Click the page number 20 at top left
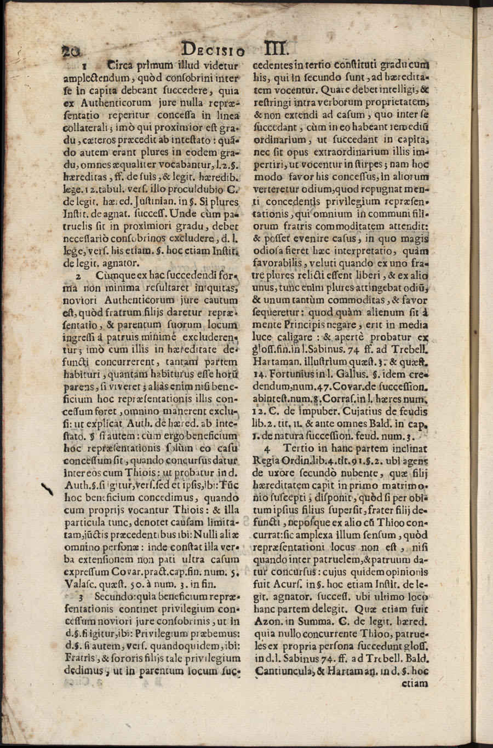coord(71,51)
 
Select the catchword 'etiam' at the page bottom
coord(416,683)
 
